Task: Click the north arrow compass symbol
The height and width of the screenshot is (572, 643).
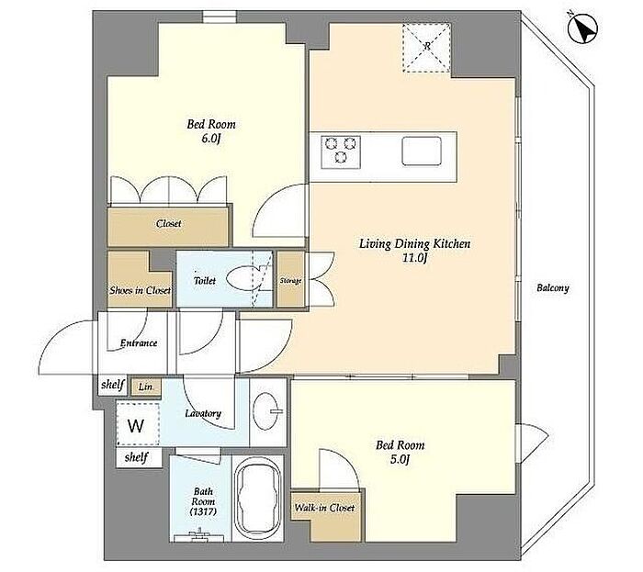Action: coord(582,28)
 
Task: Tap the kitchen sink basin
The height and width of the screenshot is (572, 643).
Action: coord(421,151)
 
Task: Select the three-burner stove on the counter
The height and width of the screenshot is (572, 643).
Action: coord(341,151)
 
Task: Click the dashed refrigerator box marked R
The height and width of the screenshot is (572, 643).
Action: coord(426,48)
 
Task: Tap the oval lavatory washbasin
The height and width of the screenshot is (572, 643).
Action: coord(265,411)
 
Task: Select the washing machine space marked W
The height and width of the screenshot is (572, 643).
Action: coord(138,424)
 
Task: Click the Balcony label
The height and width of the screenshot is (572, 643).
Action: coord(553,288)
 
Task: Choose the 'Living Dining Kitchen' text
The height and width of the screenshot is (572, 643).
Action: coord(414,244)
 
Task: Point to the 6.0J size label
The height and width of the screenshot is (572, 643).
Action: coord(210,139)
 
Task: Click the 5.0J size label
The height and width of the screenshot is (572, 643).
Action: coord(400,460)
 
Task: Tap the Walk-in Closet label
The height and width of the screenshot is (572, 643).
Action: coord(324,508)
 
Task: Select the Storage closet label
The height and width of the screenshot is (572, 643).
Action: coord(291,281)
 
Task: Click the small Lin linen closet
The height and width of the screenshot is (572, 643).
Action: coord(145,387)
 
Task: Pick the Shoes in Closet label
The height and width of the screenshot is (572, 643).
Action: coord(140,290)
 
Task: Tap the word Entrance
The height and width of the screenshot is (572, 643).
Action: coord(139,343)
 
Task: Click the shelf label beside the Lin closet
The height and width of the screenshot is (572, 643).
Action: coord(113,385)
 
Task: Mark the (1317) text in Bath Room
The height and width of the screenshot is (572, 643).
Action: coord(203,511)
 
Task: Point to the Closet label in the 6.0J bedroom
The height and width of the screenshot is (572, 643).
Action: coord(168,224)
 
